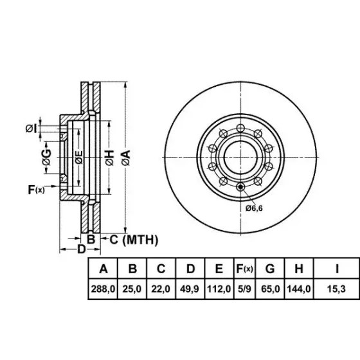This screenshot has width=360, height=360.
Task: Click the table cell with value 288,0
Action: (x=103, y=289)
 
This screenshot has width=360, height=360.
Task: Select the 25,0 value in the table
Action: (x=132, y=289)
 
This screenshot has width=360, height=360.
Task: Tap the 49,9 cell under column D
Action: (x=190, y=289)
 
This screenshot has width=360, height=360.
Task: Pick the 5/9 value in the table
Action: (x=244, y=289)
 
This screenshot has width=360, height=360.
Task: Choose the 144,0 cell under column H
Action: (x=299, y=289)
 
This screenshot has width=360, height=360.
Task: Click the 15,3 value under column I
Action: (x=336, y=289)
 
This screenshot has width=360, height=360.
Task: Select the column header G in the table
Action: (x=270, y=269)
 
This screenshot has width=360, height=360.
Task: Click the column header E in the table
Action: (x=219, y=269)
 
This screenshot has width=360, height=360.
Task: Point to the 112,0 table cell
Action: (x=219, y=289)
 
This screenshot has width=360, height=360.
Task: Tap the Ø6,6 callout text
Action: (x=254, y=208)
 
